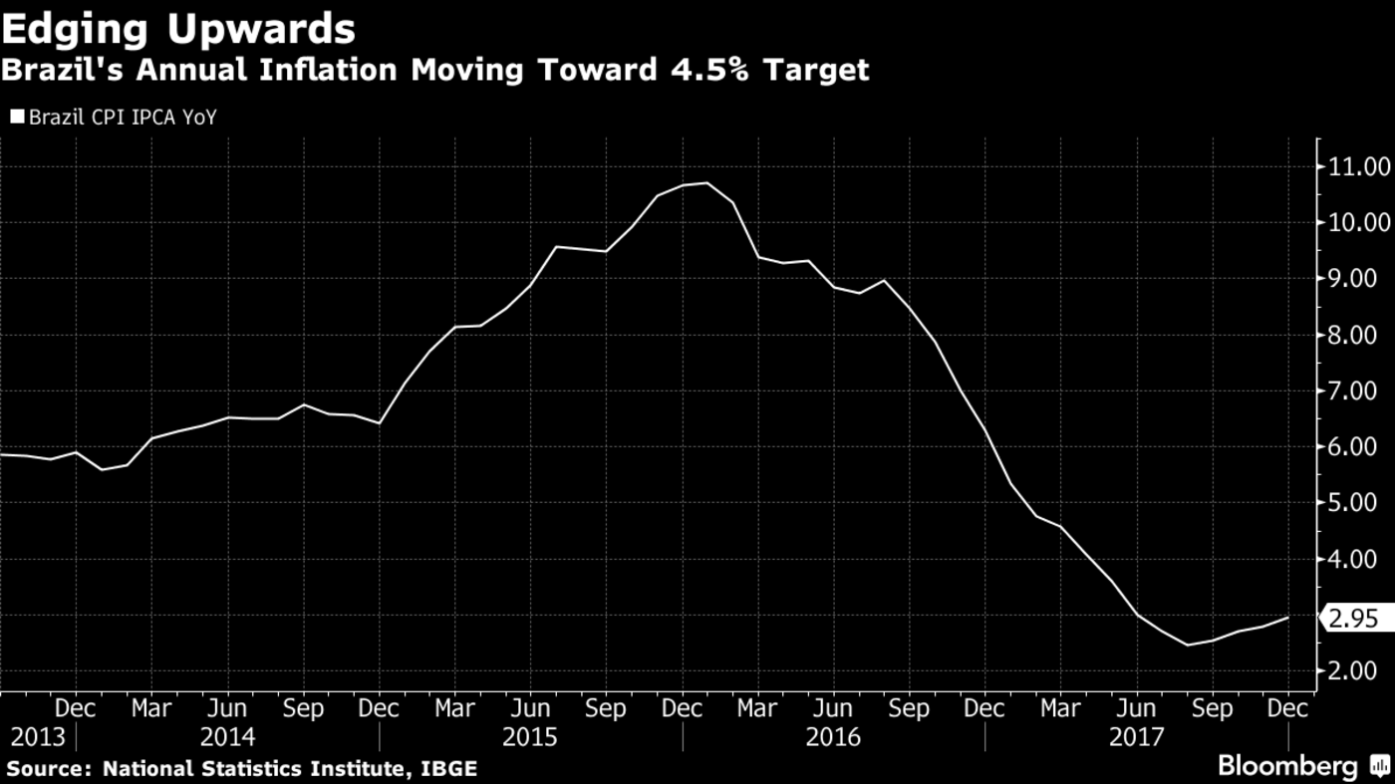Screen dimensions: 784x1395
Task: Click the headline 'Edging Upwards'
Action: click(x=178, y=29)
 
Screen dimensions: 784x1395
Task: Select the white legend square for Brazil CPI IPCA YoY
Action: click(x=17, y=118)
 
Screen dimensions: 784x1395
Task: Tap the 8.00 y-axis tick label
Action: click(x=1353, y=335)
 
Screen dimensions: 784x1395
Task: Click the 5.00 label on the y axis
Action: click(x=1353, y=503)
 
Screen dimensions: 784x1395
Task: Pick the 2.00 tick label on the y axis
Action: click(x=1353, y=671)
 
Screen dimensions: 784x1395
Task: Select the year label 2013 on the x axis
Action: click(x=38, y=738)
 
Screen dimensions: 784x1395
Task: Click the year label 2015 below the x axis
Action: click(x=530, y=738)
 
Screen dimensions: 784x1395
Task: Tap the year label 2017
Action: click(x=1136, y=738)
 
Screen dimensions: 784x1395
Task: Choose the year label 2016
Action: click(x=833, y=738)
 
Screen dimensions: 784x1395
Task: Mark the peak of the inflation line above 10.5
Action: click(x=707, y=183)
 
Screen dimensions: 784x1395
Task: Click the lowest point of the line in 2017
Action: click(x=1187, y=645)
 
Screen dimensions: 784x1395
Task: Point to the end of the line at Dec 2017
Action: click(x=1288, y=618)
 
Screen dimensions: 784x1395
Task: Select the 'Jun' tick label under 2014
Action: click(x=227, y=708)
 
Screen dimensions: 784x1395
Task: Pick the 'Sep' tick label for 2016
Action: click(x=909, y=708)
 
